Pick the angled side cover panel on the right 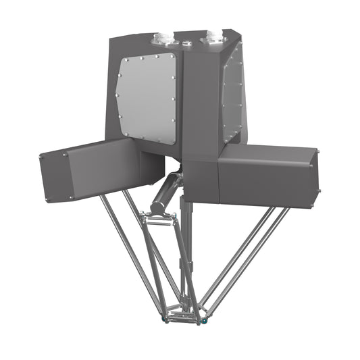tap(232, 98)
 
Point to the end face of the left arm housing tap(55, 175)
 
